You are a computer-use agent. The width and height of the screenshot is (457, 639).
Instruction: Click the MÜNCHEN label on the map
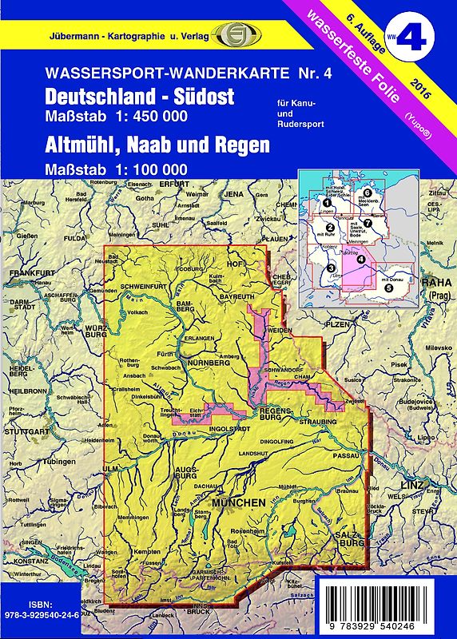click(237, 502)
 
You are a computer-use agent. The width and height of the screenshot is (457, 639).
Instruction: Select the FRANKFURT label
click(26, 273)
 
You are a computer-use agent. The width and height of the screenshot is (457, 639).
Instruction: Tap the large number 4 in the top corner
click(427, 34)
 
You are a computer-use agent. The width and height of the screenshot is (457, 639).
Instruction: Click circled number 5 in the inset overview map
click(388, 287)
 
